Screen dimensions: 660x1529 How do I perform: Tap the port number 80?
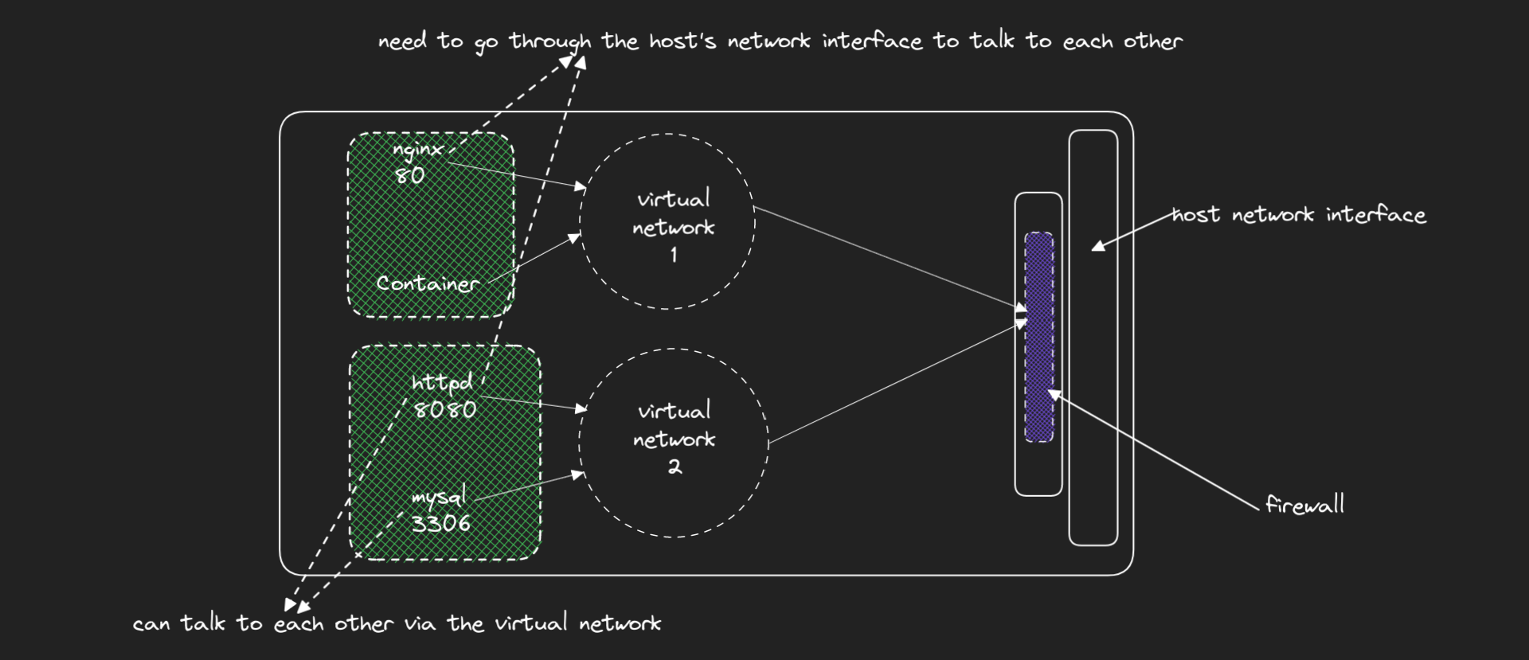click(x=409, y=176)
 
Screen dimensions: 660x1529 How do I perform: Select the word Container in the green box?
click(x=428, y=283)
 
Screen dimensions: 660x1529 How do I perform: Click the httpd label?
click(x=442, y=383)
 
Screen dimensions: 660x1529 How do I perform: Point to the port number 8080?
click(x=445, y=409)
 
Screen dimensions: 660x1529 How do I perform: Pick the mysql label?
click(x=438, y=498)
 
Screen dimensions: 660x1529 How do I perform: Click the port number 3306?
click(x=440, y=523)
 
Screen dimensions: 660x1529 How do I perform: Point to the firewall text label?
click(x=1304, y=504)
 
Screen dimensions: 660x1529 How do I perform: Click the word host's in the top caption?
click(x=682, y=41)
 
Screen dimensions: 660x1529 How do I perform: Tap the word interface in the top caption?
click(x=872, y=41)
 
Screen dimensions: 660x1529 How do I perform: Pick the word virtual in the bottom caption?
click(x=531, y=623)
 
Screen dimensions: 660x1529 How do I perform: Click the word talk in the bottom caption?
click(x=202, y=623)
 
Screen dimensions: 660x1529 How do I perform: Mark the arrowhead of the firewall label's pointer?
click(x=1053, y=393)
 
